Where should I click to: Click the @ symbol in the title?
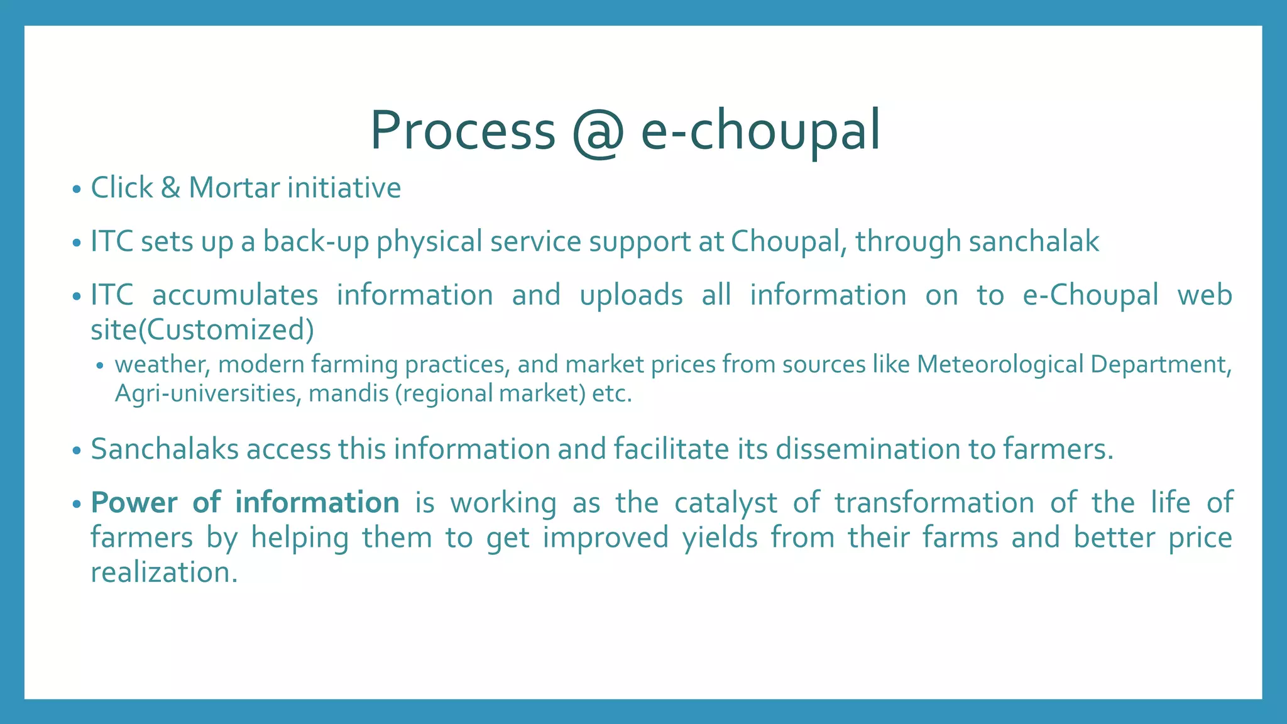(x=598, y=132)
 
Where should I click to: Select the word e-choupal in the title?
(x=760, y=132)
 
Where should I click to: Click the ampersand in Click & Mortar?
(x=170, y=188)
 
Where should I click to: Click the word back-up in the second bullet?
(x=315, y=242)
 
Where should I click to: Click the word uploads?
(x=631, y=295)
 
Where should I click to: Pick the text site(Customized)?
(x=202, y=330)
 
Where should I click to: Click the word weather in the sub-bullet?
(x=162, y=365)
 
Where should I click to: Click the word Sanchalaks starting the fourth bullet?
(x=165, y=449)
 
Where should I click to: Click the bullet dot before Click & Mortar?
(x=77, y=189)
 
